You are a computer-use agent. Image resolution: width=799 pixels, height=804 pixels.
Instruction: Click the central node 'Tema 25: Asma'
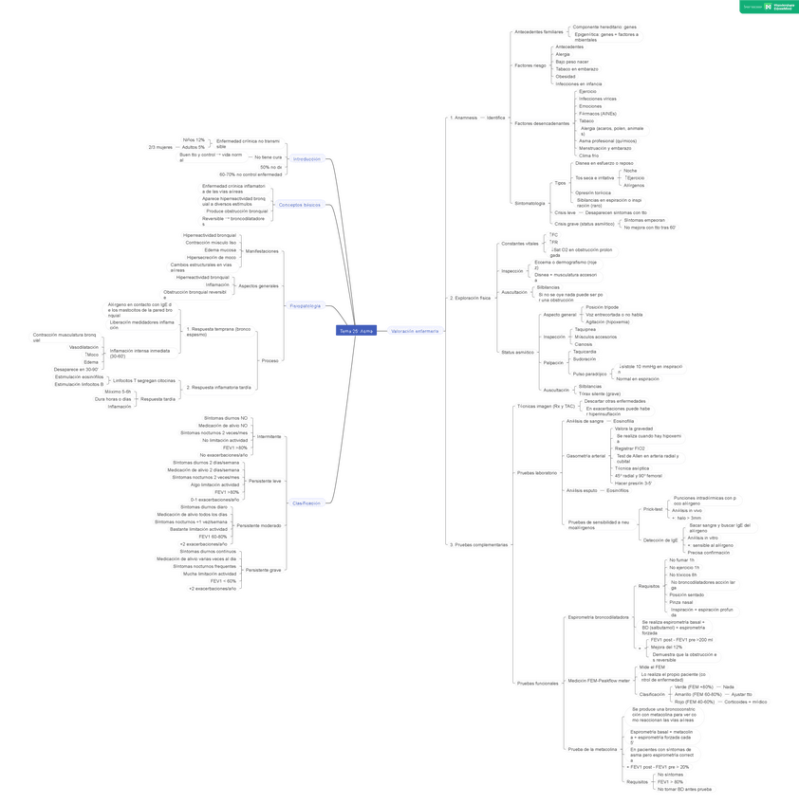pyautogui.click(x=357, y=331)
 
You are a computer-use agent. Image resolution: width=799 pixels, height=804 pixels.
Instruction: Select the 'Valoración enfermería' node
pyautogui.click(x=415, y=331)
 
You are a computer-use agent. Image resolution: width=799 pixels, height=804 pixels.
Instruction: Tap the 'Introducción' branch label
pyautogui.click(x=307, y=159)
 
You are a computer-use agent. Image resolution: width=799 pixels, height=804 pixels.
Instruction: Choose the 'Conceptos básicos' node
pyautogui.click(x=299, y=205)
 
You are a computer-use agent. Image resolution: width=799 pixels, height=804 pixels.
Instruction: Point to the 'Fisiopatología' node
pyautogui.click(x=305, y=306)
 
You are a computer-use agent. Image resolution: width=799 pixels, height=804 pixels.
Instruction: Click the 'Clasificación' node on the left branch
pyautogui.click(x=307, y=503)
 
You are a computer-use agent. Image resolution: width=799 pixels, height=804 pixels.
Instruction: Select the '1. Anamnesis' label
pyautogui.click(x=464, y=118)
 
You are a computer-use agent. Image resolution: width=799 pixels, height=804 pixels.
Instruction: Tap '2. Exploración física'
pyautogui.click(x=471, y=298)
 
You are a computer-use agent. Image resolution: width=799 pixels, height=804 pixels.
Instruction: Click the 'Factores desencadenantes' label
pyautogui.click(x=542, y=123)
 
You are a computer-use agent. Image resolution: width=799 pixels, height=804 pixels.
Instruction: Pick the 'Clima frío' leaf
pyautogui.click(x=588, y=155)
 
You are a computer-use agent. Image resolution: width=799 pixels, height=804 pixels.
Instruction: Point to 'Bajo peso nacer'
pyautogui.click(x=571, y=62)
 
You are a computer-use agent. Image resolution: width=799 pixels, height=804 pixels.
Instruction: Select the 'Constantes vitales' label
pyautogui.click(x=519, y=244)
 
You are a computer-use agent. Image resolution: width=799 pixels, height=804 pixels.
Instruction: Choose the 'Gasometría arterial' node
pyautogui.click(x=585, y=456)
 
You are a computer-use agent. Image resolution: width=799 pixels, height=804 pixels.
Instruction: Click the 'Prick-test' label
pyautogui.click(x=652, y=508)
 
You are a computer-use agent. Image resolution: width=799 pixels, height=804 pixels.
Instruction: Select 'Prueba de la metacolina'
pyautogui.click(x=592, y=749)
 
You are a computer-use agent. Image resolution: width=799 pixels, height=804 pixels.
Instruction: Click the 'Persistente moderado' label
pyautogui.click(x=259, y=525)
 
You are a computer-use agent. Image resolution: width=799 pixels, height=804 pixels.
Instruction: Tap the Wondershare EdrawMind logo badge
pyautogui.click(x=768, y=7)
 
